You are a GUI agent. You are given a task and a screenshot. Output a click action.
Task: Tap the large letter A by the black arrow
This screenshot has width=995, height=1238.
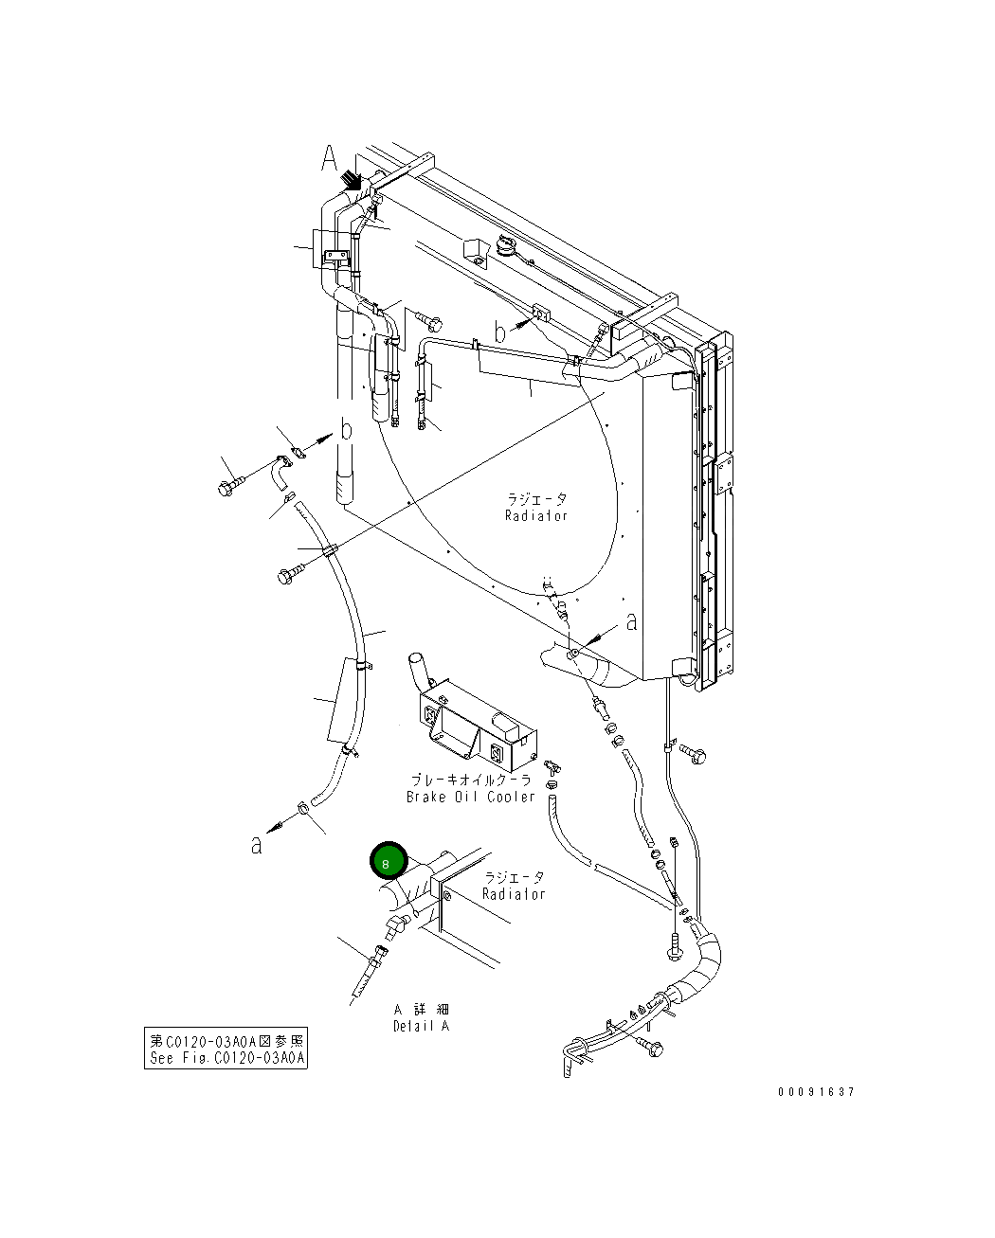point(328,159)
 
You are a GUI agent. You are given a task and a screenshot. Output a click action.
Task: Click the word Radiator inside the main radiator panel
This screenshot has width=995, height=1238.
point(536,515)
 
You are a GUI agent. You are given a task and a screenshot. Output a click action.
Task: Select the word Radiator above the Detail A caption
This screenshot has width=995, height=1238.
point(514,894)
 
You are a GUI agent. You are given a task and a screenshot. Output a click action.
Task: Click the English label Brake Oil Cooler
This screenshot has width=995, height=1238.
point(471,797)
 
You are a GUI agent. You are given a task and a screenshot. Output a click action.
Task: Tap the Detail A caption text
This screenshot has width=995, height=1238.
point(422,1026)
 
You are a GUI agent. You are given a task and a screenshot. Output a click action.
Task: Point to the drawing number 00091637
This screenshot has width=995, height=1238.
point(816,1092)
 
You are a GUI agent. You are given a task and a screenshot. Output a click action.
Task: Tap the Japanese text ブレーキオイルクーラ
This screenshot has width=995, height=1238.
point(471,780)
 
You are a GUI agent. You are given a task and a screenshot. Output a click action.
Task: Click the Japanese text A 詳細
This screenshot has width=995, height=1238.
point(422,1010)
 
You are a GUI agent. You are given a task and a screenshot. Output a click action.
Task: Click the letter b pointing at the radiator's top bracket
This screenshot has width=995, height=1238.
point(500,332)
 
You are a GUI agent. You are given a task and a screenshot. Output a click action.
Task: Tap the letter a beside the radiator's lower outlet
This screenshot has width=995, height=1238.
point(632,621)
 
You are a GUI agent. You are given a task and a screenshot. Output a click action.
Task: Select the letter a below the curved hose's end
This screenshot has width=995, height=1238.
point(256,844)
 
